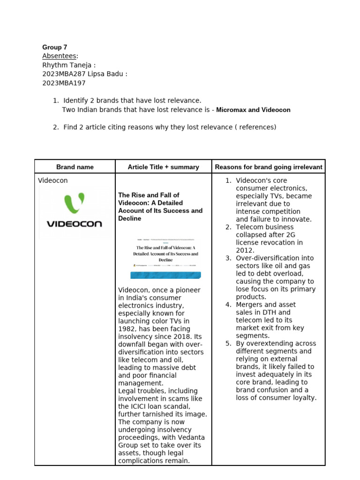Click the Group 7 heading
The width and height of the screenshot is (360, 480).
(x=55, y=47)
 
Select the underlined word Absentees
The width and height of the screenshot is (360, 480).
(x=60, y=56)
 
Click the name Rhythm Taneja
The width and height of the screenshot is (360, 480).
(x=67, y=65)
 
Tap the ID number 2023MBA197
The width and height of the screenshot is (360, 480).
(x=64, y=83)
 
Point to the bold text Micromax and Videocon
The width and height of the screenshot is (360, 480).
(x=253, y=110)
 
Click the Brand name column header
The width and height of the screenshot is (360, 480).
(x=75, y=167)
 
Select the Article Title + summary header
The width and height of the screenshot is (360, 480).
(x=163, y=167)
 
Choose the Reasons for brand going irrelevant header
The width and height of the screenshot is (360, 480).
(x=269, y=167)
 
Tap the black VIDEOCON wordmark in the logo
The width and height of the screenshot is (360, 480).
(x=75, y=224)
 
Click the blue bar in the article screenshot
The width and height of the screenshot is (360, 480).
(x=166, y=275)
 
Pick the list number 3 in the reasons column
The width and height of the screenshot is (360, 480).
(x=228, y=258)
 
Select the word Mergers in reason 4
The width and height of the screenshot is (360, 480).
(x=250, y=305)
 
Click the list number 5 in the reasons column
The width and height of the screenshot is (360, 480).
(x=228, y=344)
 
